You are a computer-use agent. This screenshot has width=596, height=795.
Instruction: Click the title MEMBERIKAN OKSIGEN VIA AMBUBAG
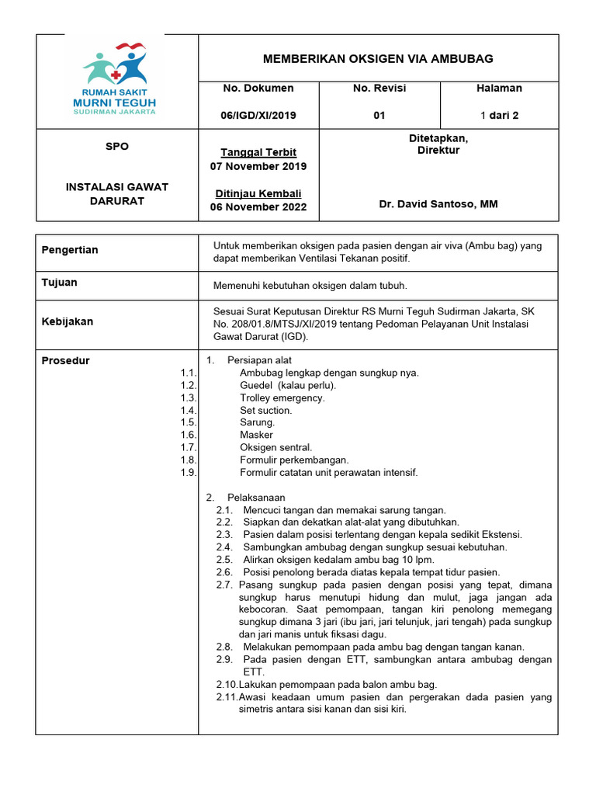coord(378,59)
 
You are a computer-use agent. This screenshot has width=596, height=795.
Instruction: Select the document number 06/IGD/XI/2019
coord(258,116)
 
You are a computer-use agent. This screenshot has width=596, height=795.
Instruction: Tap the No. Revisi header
coord(379,89)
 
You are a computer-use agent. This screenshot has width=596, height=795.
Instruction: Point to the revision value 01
coord(379,116)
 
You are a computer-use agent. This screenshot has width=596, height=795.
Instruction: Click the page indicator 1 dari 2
coord(499,116)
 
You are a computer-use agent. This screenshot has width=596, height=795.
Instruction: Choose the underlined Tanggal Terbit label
coord(258,152)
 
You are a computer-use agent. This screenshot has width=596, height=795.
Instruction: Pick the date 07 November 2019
coord(258,166)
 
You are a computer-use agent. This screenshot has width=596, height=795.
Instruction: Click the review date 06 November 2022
coord(258,207)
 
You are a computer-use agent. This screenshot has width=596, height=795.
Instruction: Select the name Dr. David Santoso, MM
coord(438,204)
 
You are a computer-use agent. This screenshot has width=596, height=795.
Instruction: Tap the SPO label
coord(117,147)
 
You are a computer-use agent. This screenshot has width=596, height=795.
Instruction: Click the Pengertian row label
coord(70,250)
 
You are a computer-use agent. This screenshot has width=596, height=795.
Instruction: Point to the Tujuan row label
coord(59,283)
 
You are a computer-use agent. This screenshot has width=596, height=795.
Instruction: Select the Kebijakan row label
coord(67,321)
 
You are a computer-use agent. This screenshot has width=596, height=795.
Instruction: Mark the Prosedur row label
coord(65,361)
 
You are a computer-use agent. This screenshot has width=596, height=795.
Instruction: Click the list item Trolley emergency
coord(282,397)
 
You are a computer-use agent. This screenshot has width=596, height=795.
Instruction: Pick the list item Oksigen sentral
coord(276,447)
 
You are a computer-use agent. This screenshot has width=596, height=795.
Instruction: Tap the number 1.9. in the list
coord(189,472)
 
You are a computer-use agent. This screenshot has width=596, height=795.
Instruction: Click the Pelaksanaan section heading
coord(256,497)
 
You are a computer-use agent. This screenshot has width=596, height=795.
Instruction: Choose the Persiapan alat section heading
coord(259,360)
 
